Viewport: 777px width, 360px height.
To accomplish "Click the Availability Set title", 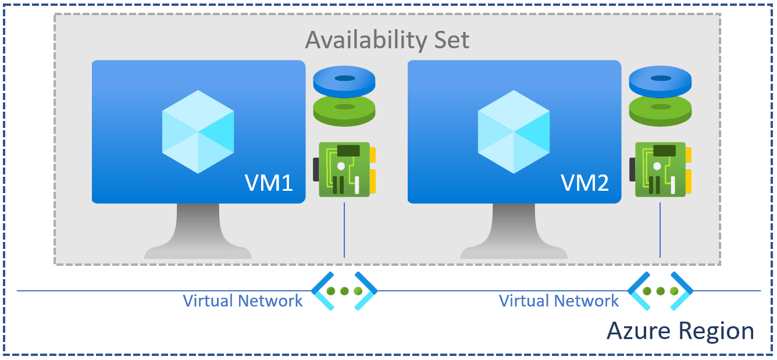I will [x=387, y=40].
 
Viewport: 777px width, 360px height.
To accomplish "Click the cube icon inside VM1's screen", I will [x=198, y=131].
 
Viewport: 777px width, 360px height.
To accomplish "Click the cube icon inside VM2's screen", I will [x=514, y=131].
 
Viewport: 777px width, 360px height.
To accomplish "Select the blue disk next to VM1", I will [x=344, y=81].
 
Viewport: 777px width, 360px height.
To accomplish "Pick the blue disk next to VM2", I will [x=660, y=81].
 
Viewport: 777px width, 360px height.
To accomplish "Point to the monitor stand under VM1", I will [x=198, y=233].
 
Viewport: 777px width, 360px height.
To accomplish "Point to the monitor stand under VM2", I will [x=514, y=233].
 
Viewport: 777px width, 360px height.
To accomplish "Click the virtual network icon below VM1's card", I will [x=344, y=291].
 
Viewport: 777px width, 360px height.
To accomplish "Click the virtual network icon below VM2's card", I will [x=660, y=291].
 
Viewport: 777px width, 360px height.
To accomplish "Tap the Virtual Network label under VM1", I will [x=243, y=301].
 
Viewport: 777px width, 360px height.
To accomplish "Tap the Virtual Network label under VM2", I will [x=558, y=301].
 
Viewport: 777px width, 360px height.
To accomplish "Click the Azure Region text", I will [x=680, y=331].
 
